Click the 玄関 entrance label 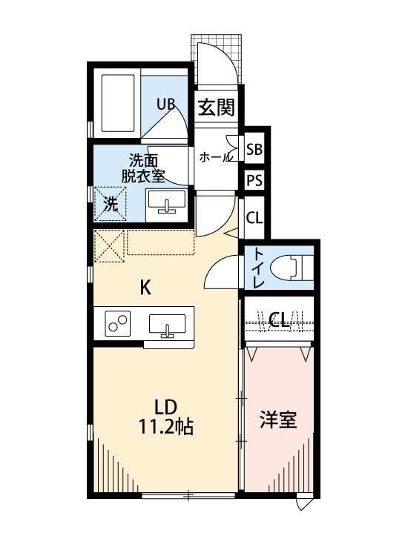(x=217, y=108)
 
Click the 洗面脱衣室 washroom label (x=143, y=168)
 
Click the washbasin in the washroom (x=167, y=202)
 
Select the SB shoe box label (x=254, y=150)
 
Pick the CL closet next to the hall (x=254, y=218)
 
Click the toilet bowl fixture (x=289, y=267)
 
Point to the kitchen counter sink (x=168, y=325)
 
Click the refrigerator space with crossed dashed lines (x=108, y=246)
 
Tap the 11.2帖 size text (x=166, y=427)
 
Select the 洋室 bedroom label (x=278, y=420)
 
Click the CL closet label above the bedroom (x=279, y=320)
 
